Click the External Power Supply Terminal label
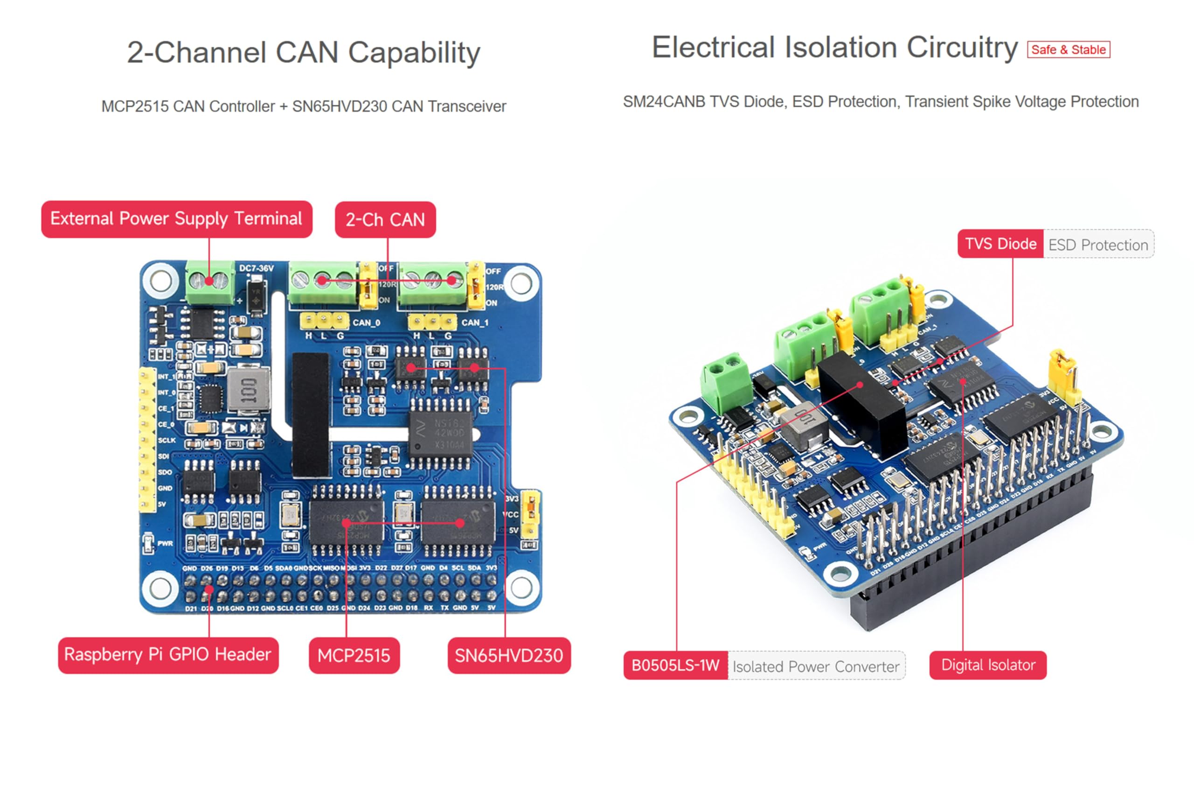click(177, 219)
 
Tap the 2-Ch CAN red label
click(385, 220)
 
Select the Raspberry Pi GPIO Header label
click(168, 655)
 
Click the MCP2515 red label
click(354, 655)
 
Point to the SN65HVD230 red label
click(509, 655)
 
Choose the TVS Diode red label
click(1000, 245)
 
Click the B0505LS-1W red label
click(675, 666)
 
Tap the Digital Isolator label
click(988, 666)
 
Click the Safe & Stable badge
click(1068, 49)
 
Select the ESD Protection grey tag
click(1098, 245)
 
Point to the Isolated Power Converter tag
click(816, 667)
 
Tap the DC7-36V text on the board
click(257, 268)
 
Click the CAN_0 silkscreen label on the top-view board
click(366, 323)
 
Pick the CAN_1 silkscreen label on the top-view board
click(475, 323)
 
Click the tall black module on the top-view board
click(311, 414)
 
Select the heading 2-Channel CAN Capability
click(304, 53)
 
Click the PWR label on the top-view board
click(165, 544)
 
